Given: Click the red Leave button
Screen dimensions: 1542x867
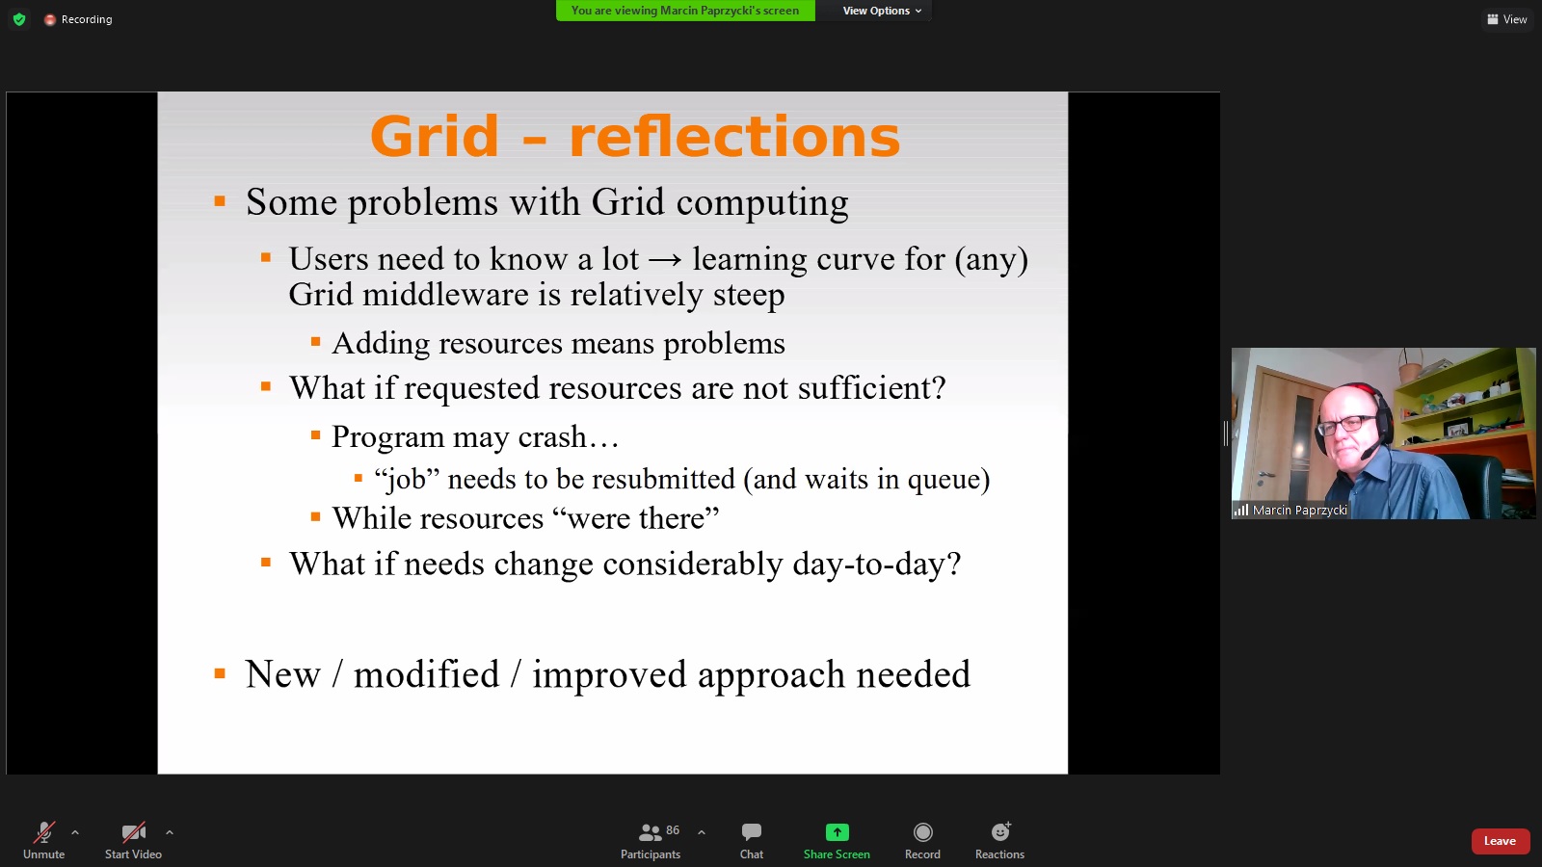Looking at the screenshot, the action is click(1500, 841).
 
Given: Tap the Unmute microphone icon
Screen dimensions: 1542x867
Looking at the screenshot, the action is click(44, 832).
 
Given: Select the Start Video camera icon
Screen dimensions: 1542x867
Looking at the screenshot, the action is click(133, 832).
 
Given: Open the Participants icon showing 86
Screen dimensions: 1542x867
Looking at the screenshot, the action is click(650, 832).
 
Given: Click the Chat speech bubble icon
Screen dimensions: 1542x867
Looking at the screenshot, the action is click(751, 832).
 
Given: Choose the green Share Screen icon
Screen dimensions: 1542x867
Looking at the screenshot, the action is click(837, 832).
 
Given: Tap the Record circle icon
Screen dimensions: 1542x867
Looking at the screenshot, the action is click(922, 832).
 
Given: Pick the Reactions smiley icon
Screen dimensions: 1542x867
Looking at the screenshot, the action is click(999, 832).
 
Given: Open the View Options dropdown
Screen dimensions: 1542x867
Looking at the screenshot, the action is click(882, 11).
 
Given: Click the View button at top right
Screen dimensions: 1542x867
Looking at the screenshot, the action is click(1507, 19).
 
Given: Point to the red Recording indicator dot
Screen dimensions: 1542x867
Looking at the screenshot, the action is click(49, 19).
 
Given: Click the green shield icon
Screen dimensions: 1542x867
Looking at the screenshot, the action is click(19, 19).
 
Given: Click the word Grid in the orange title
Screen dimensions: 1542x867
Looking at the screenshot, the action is click(434, 136).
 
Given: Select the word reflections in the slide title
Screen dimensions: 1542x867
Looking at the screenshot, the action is click(733, 136).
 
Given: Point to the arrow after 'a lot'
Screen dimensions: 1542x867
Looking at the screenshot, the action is click(666, 260).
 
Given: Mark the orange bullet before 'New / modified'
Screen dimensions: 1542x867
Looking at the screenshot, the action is click(220, 673).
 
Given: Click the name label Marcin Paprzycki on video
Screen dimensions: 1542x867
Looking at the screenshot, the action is click(1300, 510).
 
